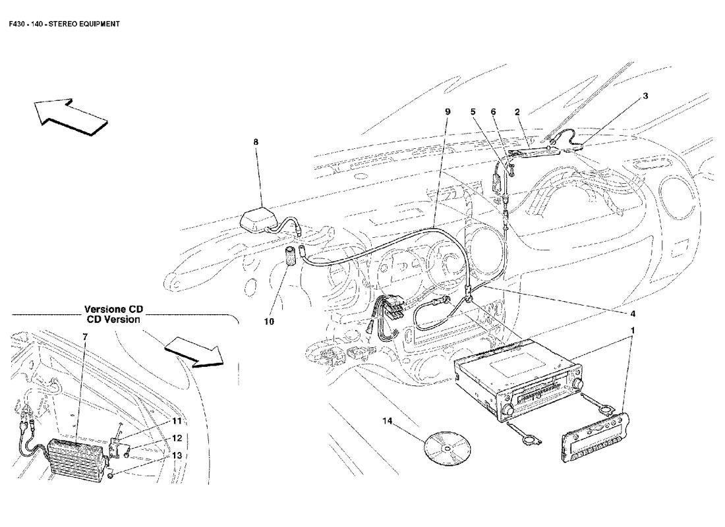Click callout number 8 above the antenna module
click(256, 141)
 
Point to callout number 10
click(270, 321)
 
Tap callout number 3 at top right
click(645, 96)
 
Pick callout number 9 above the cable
click(448, 112)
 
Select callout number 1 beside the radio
click(632, 329)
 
